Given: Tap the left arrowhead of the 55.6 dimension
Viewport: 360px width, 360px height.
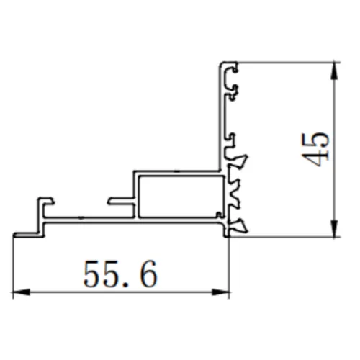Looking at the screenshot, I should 19,292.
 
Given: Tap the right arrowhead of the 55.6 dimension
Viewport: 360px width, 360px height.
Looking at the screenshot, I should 224,292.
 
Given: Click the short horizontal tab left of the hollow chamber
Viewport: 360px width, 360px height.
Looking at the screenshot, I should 120,200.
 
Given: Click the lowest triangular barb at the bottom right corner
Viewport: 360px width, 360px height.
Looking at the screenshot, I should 241,226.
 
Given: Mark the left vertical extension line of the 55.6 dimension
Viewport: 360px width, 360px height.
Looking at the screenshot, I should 14,266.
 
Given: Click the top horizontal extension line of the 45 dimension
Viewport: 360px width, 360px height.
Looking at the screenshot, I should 288,62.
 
